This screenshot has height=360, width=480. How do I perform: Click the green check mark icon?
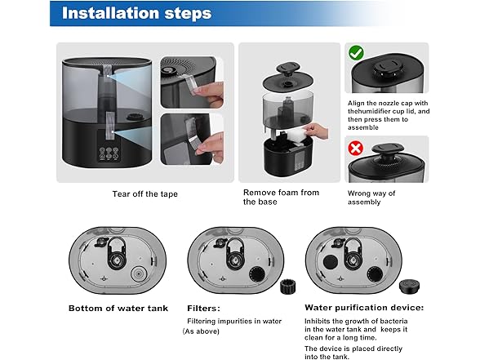tap(356, 53)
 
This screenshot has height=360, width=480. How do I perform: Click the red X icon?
tap(356, 149)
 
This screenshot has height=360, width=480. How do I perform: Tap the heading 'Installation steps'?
tap(136, 13)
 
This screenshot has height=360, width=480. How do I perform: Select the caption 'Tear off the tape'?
tap(144, 193)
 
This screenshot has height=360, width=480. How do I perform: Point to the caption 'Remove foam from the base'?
tap(281, 198)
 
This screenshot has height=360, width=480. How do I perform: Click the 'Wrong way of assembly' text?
tap(371, 198)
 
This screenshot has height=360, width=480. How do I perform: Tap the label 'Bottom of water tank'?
tap(118, 308)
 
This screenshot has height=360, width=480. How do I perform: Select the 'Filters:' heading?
tap(203, 308)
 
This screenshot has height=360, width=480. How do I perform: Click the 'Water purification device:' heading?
tap(364, 307)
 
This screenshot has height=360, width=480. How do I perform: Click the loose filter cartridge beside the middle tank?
tap(287, 287)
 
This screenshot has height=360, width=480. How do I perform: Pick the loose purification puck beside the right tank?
tap(409, 287)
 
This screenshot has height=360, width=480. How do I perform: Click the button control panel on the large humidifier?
tap(109, 153)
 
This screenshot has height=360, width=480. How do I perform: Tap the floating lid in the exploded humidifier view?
tap(287, 77)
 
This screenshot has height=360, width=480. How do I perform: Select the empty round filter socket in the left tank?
tap(139, 273)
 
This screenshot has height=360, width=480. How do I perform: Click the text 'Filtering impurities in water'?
tap(234, 321)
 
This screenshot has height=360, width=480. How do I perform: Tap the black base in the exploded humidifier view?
tap(288, 157)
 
